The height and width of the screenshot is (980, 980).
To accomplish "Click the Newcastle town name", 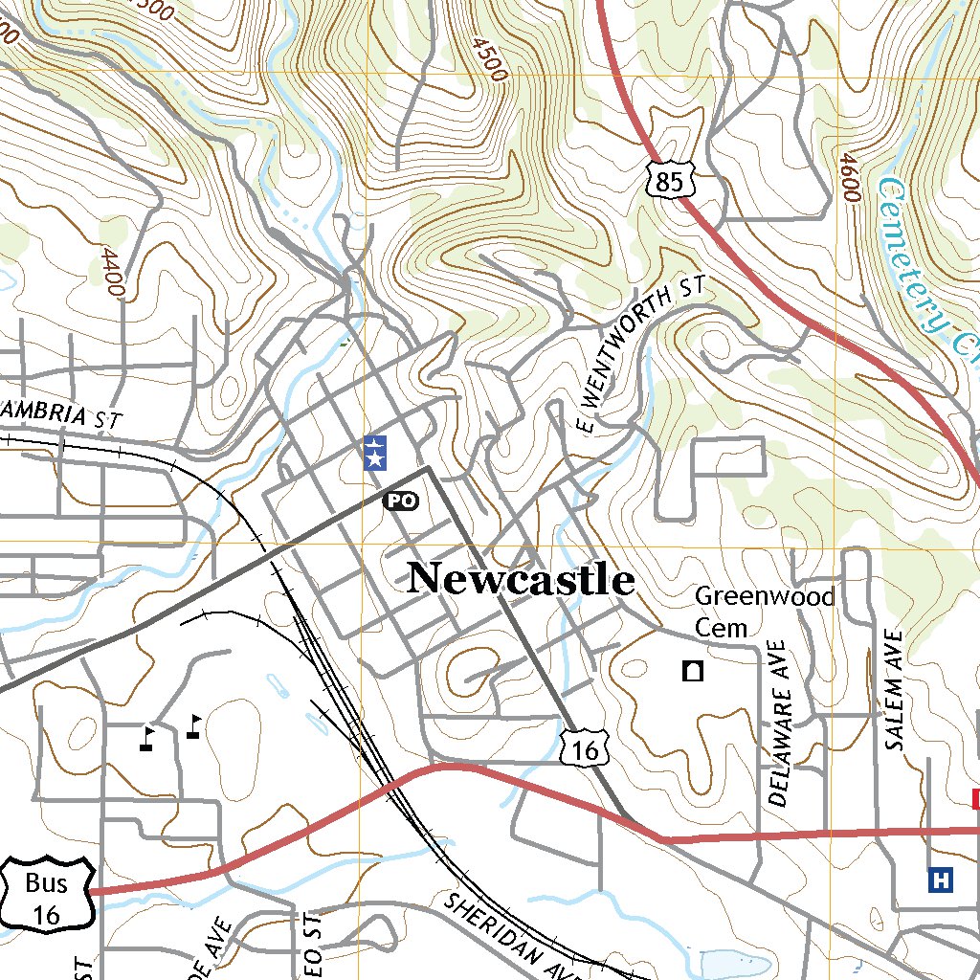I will (521, 579).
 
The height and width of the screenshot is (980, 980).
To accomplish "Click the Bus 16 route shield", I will (46, 896).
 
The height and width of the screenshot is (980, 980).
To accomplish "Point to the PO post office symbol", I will (400, 500).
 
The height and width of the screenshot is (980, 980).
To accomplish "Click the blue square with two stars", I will (375, 452).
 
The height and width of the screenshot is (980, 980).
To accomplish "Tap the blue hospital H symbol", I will (941, 879).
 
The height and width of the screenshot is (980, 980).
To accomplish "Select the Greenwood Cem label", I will (764, 612).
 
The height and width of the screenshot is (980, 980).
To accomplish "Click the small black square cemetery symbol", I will (692, 671).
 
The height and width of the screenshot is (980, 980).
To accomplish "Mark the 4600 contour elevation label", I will (848, 175).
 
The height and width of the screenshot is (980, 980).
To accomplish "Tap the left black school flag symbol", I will (146, 738).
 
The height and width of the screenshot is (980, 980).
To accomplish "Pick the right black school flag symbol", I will (194, 726).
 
